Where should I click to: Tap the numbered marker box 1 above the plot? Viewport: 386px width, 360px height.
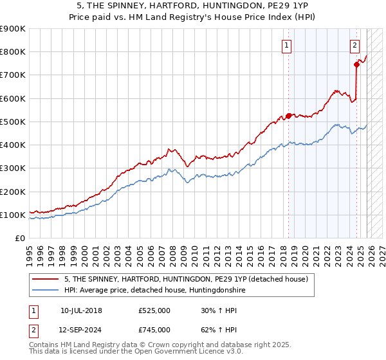(x=286, y=45)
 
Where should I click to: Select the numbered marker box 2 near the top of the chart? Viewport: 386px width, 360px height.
(x=354, y=45)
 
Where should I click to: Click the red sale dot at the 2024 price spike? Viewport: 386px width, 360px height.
(x=356, y=64)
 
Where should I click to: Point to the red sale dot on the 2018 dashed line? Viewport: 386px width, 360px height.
(x=288, y=116)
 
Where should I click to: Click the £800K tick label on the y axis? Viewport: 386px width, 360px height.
(x=13, y=52)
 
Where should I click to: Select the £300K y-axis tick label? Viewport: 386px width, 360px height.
(x=13, y=168)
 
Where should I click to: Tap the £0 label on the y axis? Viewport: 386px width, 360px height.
(x=19, y=239)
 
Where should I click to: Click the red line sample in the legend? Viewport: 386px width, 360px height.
(x=46, y=279)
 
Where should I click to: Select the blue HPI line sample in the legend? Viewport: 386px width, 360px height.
(x=46, y=290)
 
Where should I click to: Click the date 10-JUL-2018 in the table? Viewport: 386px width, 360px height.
(x=81, y=310)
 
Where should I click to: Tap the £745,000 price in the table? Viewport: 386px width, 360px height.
(x=154, y=330)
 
